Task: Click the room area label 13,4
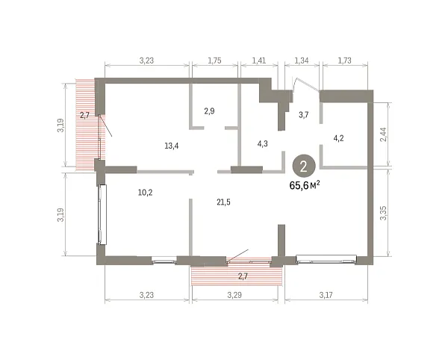[172, 146]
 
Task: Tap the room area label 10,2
[145, 193]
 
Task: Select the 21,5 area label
[223, 202]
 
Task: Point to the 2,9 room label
[209, 111]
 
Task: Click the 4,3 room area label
[263, 143]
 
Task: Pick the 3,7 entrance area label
[303, 115]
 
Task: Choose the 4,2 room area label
[338, 139]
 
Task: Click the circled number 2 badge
[304, 167]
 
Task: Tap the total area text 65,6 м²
[305, 185]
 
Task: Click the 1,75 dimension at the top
[214, 60]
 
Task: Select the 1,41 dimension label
[259, 60]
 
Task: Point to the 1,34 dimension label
[302, 60]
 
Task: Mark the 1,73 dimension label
[344, 60]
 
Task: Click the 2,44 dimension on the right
[384, 134]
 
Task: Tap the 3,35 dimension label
[384, 213]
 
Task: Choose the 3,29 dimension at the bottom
[234, 294]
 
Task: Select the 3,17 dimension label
[326, 294]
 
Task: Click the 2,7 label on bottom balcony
[243, 276]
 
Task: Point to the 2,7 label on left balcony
[84, 115]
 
